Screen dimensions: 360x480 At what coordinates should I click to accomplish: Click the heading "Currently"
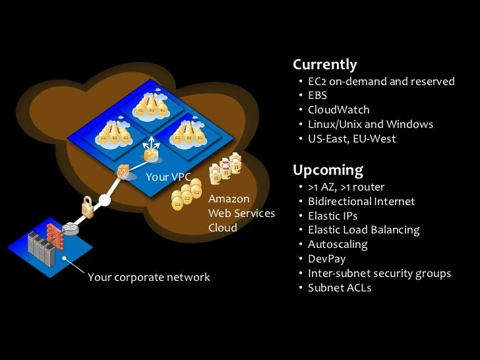pyautogui.click(x=324, y=65)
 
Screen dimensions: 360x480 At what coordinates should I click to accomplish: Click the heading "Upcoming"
pyautogui.click(x=328, y=170)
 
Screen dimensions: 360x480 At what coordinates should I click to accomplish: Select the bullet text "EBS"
pyautogui.click(x=318, y=96)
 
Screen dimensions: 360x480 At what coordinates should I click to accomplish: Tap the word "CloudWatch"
pyautogui.click(x=338, y=109)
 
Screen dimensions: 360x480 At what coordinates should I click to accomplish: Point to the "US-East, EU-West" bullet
pyautogui.click(x=351, y=138)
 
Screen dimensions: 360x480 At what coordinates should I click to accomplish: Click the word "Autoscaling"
pyautogui.click(x=338, y=244)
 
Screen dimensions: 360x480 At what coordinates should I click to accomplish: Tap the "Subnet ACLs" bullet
pyautogui.click(x=340, y=287)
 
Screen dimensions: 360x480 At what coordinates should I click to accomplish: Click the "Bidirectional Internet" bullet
pyautogui.click(x=361, y=201)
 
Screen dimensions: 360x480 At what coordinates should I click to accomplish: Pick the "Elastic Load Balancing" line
pyautogui.click(x=363, y=230)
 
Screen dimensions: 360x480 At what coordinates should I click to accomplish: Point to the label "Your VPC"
pyautogui.click(x=168, y=177)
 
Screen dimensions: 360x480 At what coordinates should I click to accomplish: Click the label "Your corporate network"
pyautogui.click(x=148, y=277)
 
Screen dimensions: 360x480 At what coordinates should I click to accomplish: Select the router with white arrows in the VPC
pyautogui.click(x=152, y=152)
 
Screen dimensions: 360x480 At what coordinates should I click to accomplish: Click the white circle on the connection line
pyautogui.click(x=104, y=198)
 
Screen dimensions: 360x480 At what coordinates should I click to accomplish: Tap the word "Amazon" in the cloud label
pyautogui.click(x=229, y=198)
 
